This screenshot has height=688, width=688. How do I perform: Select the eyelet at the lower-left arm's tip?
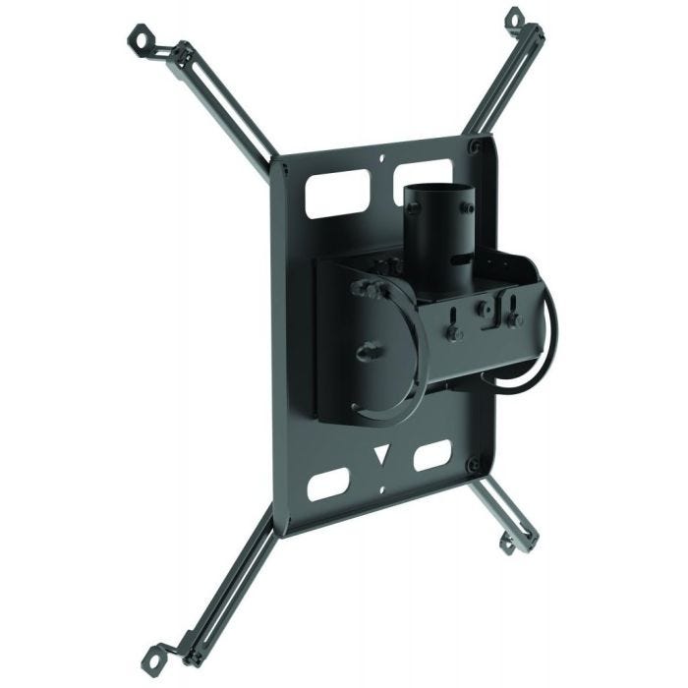tap(154, 651)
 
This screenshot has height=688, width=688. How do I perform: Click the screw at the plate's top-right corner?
tap(477, 146)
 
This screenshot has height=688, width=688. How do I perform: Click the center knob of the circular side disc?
tap(370, 349)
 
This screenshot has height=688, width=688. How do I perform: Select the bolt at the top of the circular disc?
tap(365, 288)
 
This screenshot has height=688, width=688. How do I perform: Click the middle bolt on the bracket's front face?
tap(484, 312)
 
